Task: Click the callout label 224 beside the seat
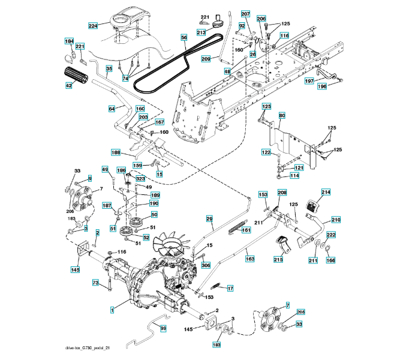(x=93, y=26)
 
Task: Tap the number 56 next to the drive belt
(x=184, y=37)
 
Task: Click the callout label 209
(x=206, y=59)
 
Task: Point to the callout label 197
(x=309, y=80)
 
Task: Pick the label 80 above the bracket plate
(x=282, y=115)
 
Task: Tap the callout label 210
(x=336, y=220)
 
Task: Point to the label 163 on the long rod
(x=249, y=259)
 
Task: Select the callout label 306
(x=206, y=265)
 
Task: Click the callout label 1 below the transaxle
(x=112, y=310)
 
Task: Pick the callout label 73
(x=95, y=282)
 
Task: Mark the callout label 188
(x=116, y=152)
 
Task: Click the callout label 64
(x=112, y=109)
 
